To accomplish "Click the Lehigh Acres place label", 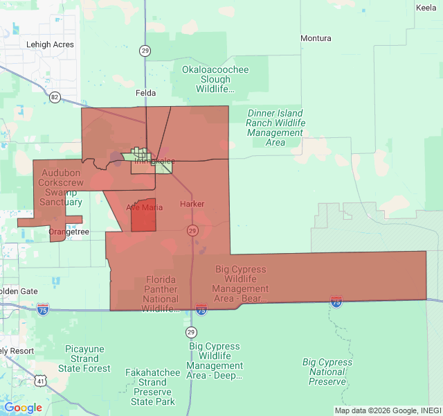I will point(50,44).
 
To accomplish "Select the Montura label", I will point(315,38).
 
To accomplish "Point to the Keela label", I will point(426,8).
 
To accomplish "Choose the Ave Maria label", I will point(145,207).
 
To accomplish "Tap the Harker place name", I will point(192,205).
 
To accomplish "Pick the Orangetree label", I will point(69,232).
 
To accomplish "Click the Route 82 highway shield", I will point(55,97).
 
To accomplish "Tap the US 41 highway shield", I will point(41,381).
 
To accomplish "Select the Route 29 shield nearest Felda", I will point(145,50).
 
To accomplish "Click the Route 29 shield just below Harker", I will point(192,230).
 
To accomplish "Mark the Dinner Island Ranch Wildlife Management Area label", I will point(275,128).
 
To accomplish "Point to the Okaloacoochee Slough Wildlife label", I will point(215,79).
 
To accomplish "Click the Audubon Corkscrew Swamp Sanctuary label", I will point(62,187).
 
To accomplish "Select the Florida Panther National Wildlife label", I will point(162,294).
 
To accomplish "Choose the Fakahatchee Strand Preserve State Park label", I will point(152,387).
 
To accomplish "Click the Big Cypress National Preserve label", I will point(327,372).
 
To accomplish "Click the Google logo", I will point(23,408).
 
